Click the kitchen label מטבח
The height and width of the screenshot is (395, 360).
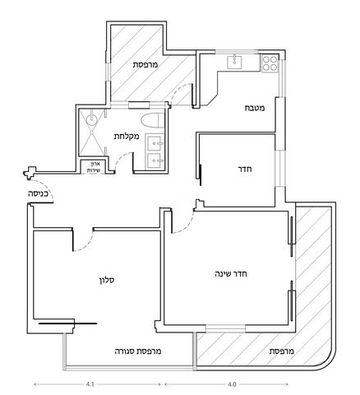255,108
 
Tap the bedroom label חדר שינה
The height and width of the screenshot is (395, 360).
231,274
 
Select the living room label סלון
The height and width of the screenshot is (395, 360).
107,280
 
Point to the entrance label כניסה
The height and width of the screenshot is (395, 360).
38,193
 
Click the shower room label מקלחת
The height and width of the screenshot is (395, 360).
127,136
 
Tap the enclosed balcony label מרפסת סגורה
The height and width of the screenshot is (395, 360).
138,351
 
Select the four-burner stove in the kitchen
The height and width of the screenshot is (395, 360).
270,63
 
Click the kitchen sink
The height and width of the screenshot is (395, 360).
234,62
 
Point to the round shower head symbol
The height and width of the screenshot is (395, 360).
91,119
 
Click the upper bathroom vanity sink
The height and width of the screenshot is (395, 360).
155,142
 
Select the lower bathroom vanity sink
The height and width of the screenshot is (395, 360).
155,160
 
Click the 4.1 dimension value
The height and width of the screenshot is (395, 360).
90,384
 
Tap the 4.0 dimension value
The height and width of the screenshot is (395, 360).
232,384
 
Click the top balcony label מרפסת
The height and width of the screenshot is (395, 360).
145,65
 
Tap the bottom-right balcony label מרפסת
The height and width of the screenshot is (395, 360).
282,351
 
